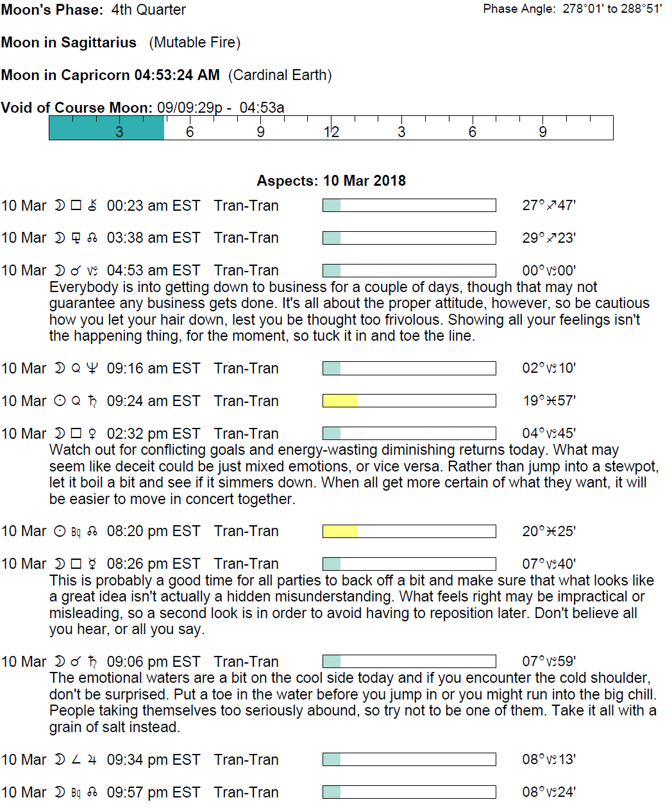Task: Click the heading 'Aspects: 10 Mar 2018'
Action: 331,181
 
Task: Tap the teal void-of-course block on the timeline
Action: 106,127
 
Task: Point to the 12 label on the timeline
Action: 331,132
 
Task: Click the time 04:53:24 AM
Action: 176,75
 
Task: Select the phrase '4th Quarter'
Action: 148,10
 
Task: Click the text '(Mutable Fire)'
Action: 195,42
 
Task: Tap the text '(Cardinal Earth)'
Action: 280,75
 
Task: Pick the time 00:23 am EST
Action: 153,206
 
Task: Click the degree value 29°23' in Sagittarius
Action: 549,238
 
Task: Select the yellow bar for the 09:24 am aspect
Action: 340,401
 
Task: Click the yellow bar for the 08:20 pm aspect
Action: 340,531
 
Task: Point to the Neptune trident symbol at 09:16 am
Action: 92,368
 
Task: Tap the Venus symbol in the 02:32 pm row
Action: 92,434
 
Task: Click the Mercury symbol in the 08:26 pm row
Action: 92,564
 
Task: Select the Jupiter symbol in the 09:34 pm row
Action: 92,760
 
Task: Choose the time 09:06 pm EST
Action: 153,662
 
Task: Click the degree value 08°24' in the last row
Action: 549,792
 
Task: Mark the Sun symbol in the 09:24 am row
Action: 60,401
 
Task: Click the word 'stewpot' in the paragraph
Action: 633,466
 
